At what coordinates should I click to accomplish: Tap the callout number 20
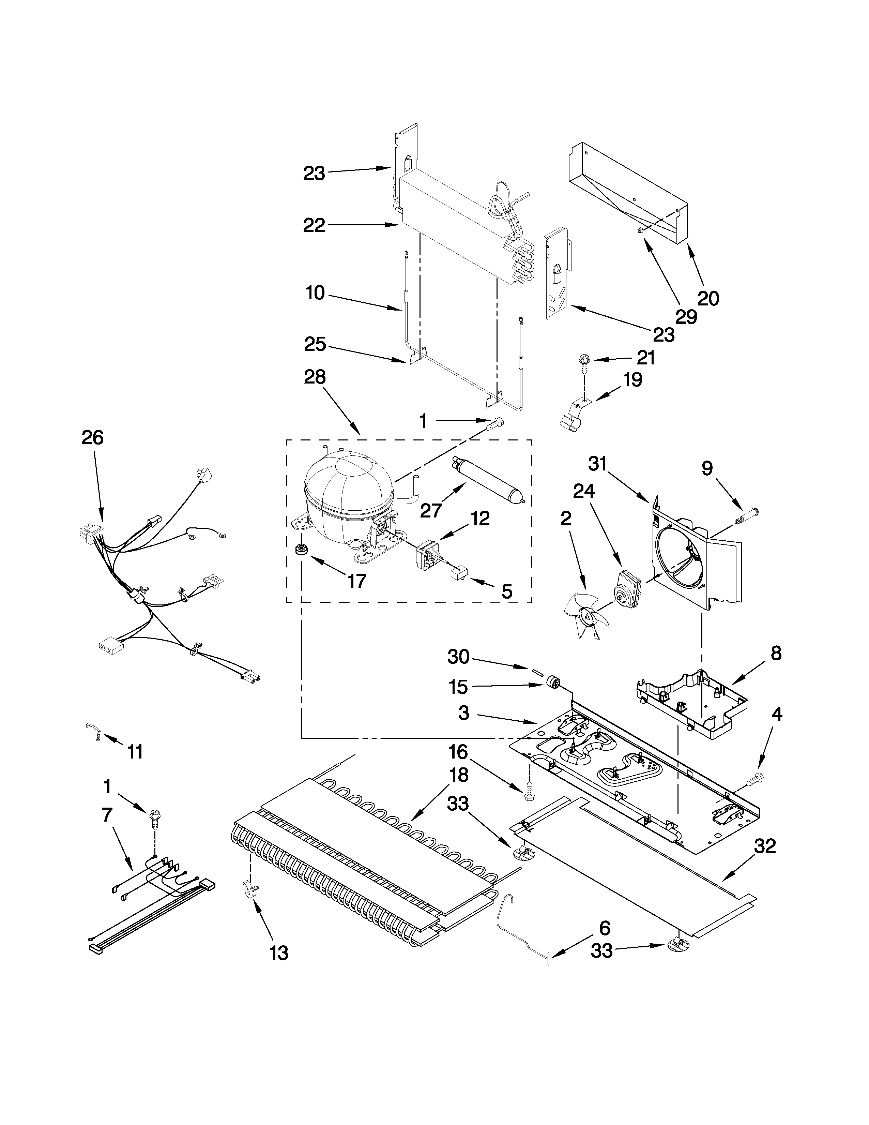click(x=708, y=298)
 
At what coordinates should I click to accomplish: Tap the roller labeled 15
click(x=553, y=684)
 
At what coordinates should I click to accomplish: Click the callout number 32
click(x=764, y=846)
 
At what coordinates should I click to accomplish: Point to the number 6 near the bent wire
click(x=605, y=928)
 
